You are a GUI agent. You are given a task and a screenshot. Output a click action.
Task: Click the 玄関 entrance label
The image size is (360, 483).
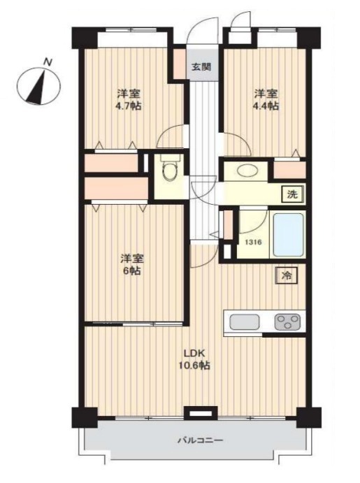pos(201,67)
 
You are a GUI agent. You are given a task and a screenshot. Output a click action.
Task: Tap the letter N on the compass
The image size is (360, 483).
pos(48,62)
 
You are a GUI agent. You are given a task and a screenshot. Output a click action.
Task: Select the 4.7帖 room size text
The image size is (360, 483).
pos(129,106)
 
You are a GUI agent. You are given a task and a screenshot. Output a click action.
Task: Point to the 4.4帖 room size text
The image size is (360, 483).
pos(266,106)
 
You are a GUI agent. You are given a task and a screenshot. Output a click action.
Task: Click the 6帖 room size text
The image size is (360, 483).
pos(132,271)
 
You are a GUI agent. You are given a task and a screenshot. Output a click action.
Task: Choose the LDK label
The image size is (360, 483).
pos(194,353)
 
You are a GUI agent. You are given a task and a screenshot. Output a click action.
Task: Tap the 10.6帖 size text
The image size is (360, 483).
pos(194,366)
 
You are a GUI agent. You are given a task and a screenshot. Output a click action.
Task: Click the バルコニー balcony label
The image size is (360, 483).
pos(200,440)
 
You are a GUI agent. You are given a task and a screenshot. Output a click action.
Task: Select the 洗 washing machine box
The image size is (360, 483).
pos(293,194)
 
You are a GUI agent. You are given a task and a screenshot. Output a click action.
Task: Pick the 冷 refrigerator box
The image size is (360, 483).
pos(287,275)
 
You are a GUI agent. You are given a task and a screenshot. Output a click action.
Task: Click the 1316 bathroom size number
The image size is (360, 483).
pos(253,243)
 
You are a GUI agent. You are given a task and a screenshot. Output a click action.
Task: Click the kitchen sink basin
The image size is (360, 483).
pos(244,322)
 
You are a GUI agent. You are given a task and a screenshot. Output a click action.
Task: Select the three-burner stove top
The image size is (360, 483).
pos(287,322)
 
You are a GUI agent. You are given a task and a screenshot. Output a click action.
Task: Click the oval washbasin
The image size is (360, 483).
pos(246,171)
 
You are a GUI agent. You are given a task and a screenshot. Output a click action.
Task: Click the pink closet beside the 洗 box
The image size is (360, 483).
pos(289,170)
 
